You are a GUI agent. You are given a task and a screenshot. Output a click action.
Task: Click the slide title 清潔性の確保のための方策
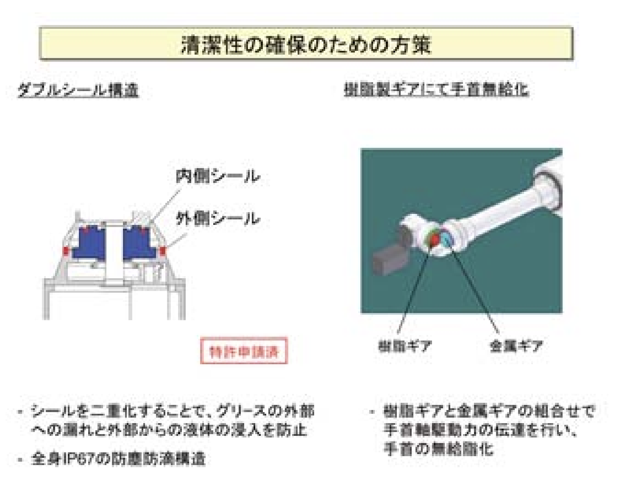click(x=306, y=44)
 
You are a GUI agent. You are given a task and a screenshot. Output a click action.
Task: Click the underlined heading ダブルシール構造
click(x=78, y=90)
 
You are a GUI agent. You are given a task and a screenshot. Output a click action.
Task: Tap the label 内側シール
click(x=217, y=176)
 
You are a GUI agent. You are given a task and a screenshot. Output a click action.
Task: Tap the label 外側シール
click(x=217, y=219)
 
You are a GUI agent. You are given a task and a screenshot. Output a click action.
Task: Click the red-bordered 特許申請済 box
click(x=244, y=351)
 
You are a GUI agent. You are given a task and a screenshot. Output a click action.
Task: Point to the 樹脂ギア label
click(x=404, y=346)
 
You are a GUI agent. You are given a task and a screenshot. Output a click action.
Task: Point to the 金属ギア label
click(x=516, y=346)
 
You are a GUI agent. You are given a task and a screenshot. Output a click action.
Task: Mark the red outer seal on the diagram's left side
click(x=66, y=251)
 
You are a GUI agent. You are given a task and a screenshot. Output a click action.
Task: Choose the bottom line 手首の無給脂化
click(x=438, y=449)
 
